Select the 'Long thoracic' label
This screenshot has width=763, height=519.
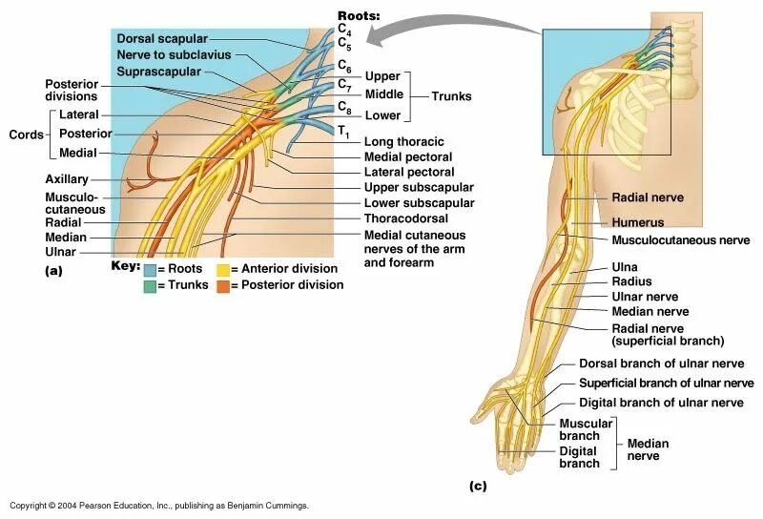[403, 141]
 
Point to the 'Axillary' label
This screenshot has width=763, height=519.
[66, 179]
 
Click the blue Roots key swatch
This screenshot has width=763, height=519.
[150, 269]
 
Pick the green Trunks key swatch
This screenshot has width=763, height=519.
[150, 285]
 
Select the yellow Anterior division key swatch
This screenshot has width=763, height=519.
[222, 269]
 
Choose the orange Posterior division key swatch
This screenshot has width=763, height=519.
[222, 285]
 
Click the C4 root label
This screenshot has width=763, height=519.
[344, 30]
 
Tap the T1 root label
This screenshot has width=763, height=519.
[342, 132]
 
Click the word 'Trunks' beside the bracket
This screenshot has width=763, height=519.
[451, 96]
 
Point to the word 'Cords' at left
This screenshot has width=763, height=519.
[26, 134]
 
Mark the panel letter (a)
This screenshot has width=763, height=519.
[53, 271]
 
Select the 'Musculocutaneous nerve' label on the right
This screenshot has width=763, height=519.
[680, 239]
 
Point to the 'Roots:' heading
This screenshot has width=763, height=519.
[359, 16]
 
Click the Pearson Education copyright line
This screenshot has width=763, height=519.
[158, 506]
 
